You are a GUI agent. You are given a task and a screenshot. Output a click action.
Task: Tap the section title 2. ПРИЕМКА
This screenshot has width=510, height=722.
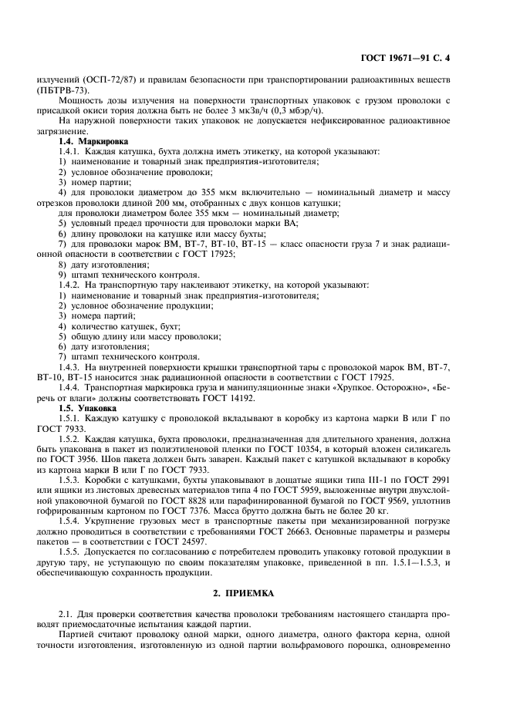[255, 595]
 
